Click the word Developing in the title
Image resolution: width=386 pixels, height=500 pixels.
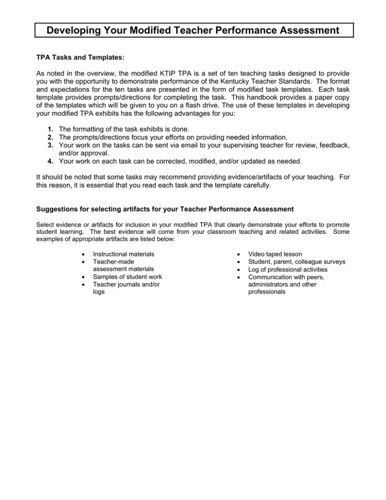pos(71,30)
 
